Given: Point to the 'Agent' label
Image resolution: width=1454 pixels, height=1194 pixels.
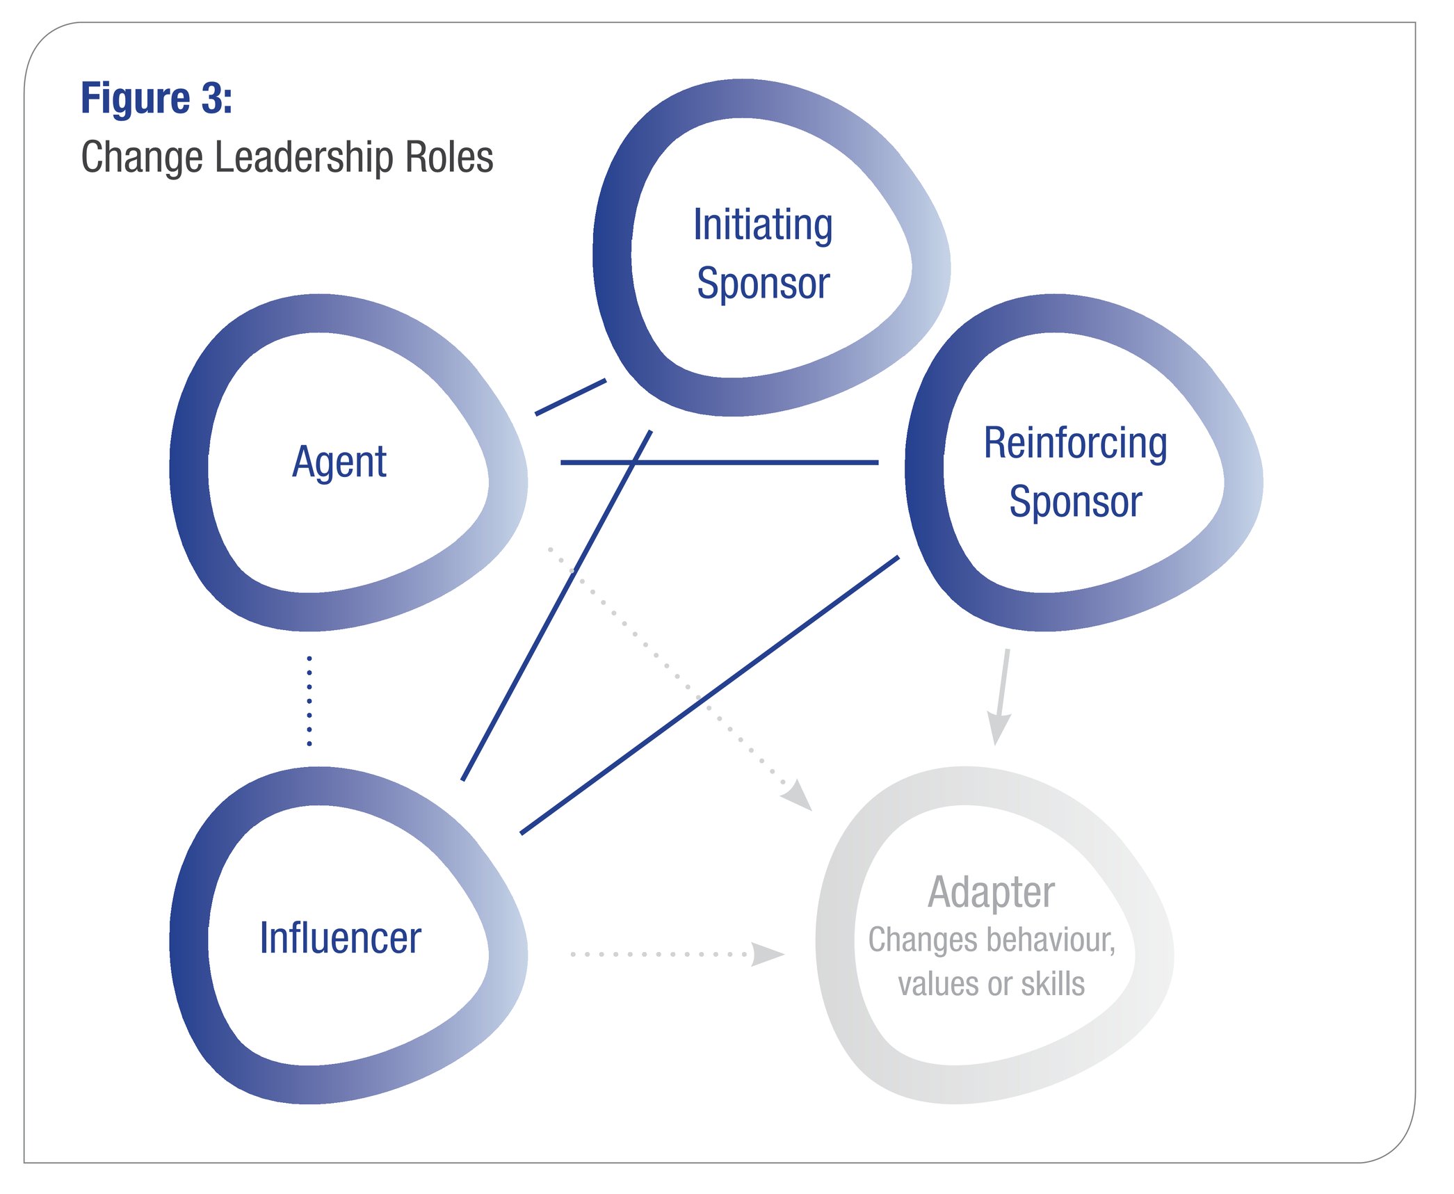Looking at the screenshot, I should pyautogui.click(x=339, y=462).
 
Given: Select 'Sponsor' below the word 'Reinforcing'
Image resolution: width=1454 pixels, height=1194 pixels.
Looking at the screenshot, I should pyautogui.click(x=1075, y=501).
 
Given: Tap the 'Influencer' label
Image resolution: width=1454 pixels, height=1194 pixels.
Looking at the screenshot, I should pyautogui.click(x=340, y=937).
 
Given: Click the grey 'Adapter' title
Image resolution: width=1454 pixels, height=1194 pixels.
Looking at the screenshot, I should pyautogui.click(x=991, y=892).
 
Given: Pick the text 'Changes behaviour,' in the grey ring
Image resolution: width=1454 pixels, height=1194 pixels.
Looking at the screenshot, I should pyautogui.click(x=991, y=939).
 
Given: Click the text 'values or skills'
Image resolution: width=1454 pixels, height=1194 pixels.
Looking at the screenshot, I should pyautogui.click(x=991, y=984).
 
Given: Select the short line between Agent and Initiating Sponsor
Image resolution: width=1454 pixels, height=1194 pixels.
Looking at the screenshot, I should pyautogui.click(x=570, y=397).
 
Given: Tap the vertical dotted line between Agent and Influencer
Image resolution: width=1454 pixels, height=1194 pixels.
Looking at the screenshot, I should pyautogui.click(x=309, y=701).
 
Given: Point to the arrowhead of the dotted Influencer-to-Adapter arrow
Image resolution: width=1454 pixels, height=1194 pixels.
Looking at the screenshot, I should pyautogui.click(x=767, y=954).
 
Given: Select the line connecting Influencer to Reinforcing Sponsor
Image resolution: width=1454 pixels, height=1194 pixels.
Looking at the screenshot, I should pyautogui.click(x=709, y=695).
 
